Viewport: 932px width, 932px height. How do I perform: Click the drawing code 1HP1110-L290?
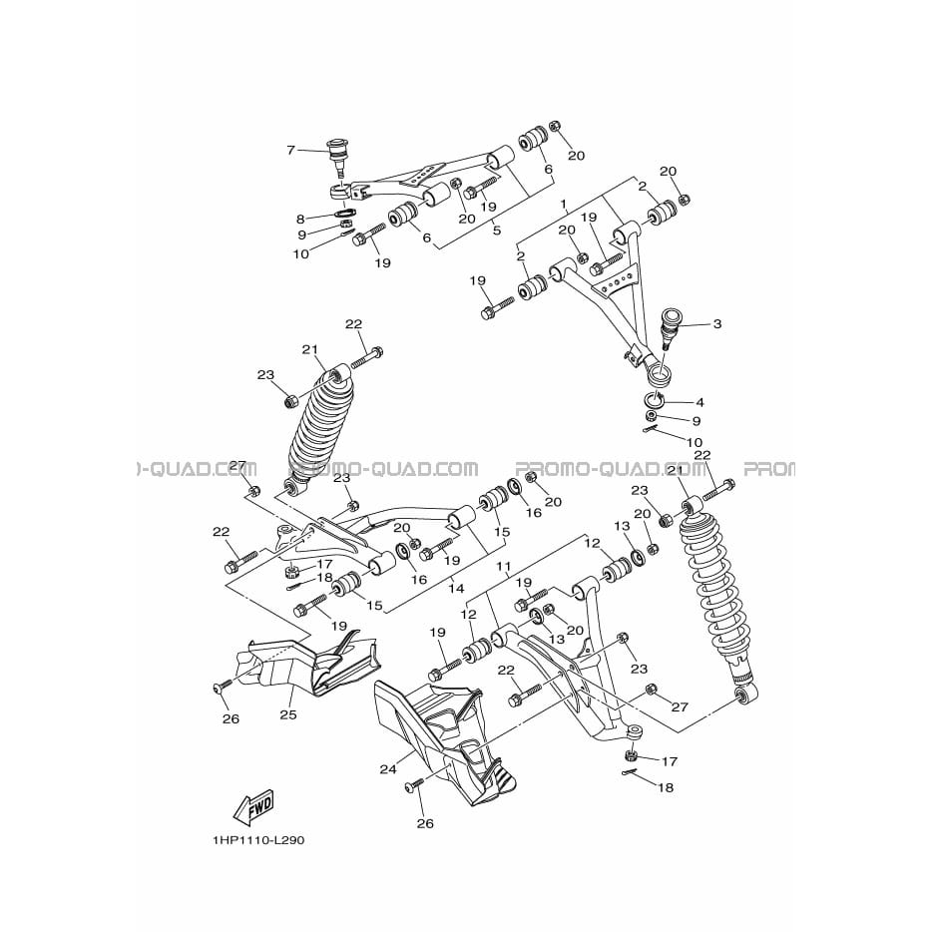click(258, 840)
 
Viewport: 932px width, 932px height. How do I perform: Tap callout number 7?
click(290, 150)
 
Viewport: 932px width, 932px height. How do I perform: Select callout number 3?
click(717, 324)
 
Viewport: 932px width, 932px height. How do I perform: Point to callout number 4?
click(699, 402)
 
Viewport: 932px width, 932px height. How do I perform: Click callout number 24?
click(387, 769)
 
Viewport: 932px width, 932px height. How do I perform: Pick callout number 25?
click(288, 714)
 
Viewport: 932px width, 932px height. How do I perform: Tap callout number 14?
click(456, 589)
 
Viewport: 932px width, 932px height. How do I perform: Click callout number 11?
click(504, 567)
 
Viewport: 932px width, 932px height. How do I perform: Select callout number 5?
click(497, 230)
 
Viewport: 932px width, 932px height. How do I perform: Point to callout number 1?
click(564, 205)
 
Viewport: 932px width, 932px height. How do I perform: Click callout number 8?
click(300, 219)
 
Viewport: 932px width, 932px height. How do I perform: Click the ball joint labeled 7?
click(340, 157)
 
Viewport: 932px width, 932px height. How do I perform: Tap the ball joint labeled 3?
click(671, 330)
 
